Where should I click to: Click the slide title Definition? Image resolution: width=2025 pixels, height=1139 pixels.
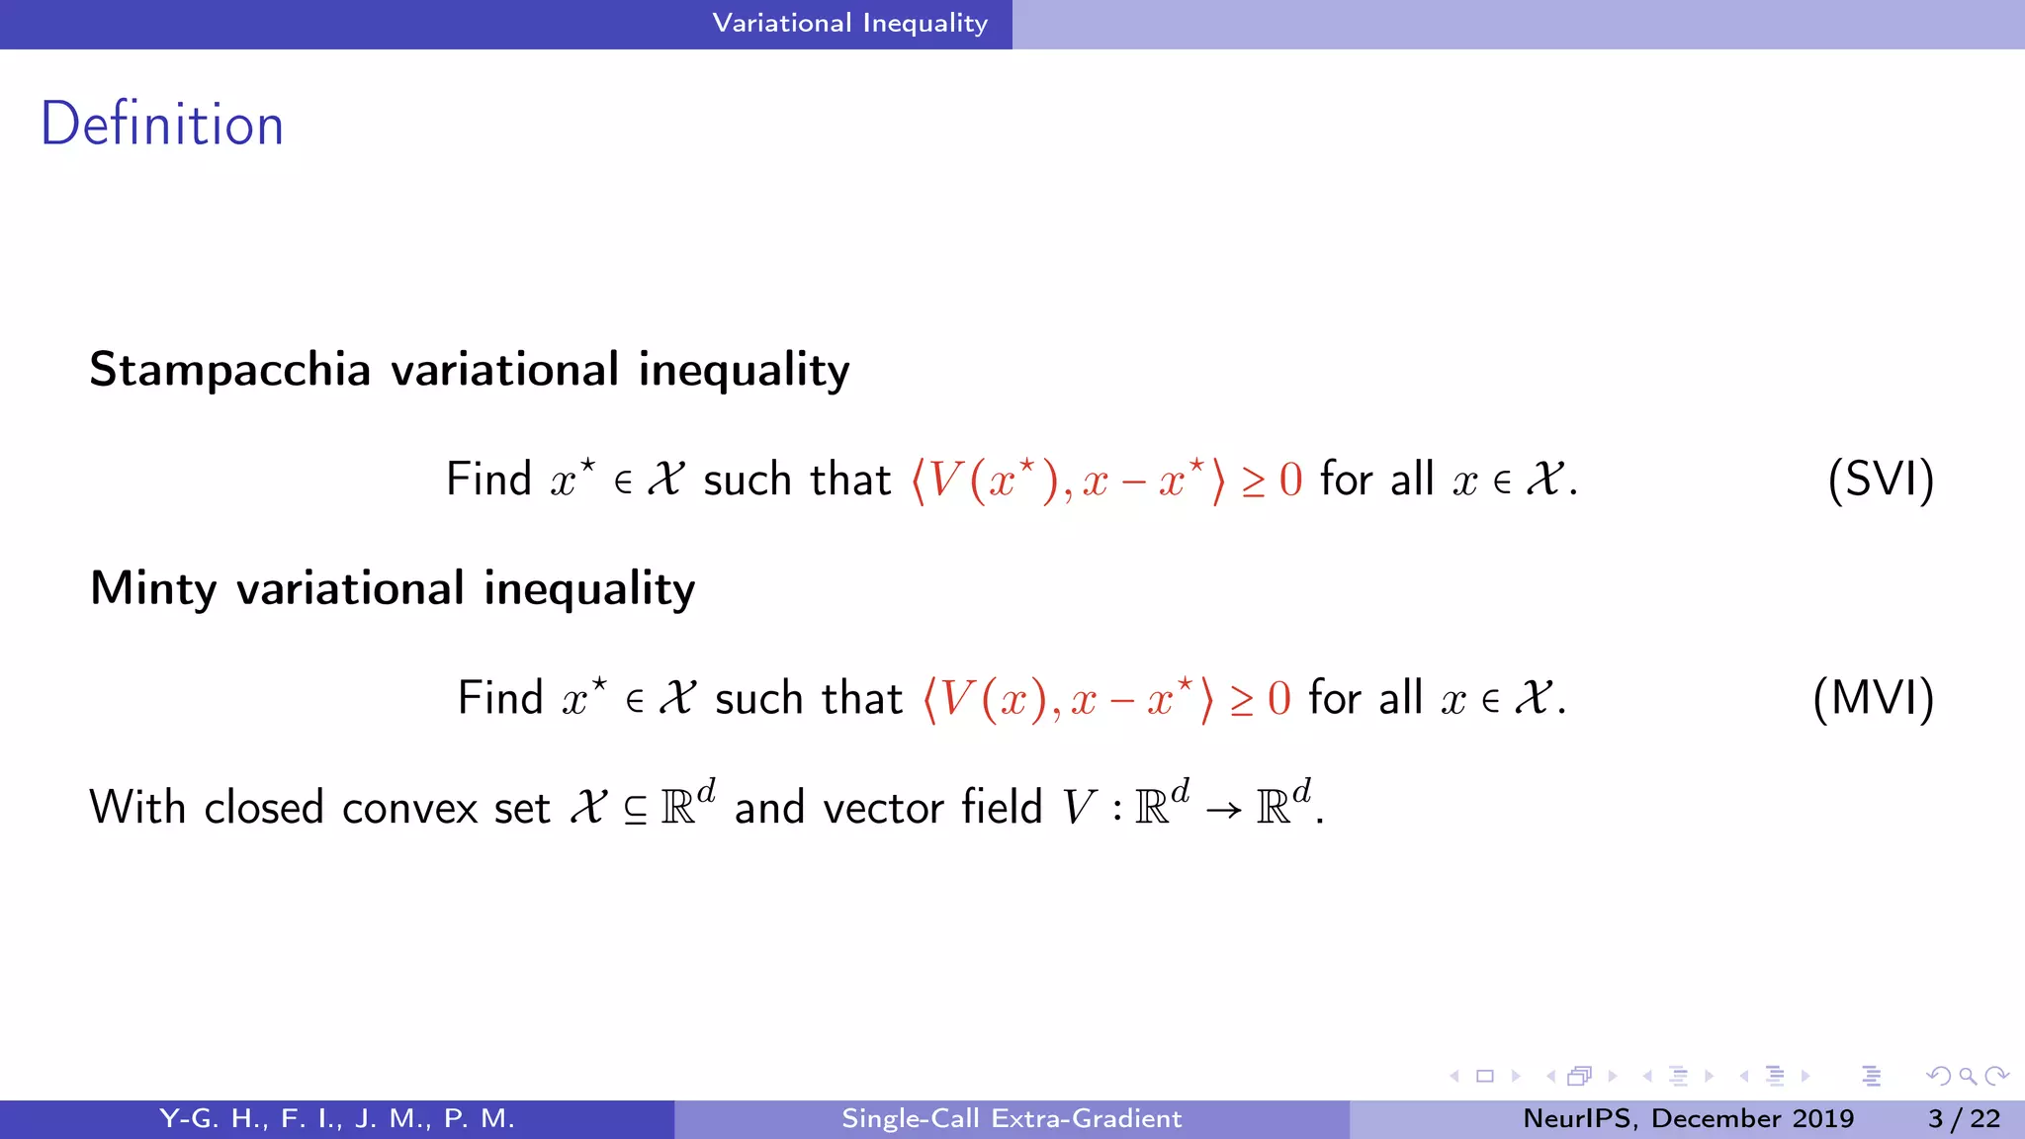pyautogui.click(x=162, y=125)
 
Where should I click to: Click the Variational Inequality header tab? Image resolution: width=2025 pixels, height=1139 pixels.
pyautogui.click(x=849, y=23)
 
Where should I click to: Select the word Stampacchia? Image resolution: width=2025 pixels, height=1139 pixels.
pyautogui.click(x=229, y=370)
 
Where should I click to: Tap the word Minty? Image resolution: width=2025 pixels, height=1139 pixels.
pyautogui.click(x=153, y=588)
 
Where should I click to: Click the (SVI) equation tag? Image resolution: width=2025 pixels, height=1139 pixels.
pyautogui.click(x=1880, y=480)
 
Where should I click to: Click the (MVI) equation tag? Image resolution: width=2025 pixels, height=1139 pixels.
pyautogui.click(x=1873, y=698)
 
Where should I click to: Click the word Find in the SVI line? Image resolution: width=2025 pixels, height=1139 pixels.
pyautogui.click(x=489, y=480)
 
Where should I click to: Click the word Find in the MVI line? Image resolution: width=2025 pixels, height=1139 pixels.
pyautogui.click(x=501, y=698)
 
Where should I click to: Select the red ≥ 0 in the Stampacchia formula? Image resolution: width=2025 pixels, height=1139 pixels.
pyautogui.click(x=1272, y=481)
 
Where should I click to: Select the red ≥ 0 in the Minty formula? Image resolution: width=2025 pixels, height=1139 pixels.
pyautogui.click(x=1261, y=699)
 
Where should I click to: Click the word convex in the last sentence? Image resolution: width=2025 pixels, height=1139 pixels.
pyautogui.click(x=409, y=808)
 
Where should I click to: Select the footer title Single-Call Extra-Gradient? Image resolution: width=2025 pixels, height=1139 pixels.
pyautogui.click(x=1012, y=1118)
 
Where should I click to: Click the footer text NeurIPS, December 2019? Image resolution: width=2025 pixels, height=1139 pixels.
pyautogui.click(x=1688, y=1118)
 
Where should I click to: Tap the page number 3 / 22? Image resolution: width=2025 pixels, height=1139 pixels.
pyautogui.click(x=1964, y=1118)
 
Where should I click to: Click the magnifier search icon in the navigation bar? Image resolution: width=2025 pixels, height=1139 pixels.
pyautogui.click(x=1968, y=1076)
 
